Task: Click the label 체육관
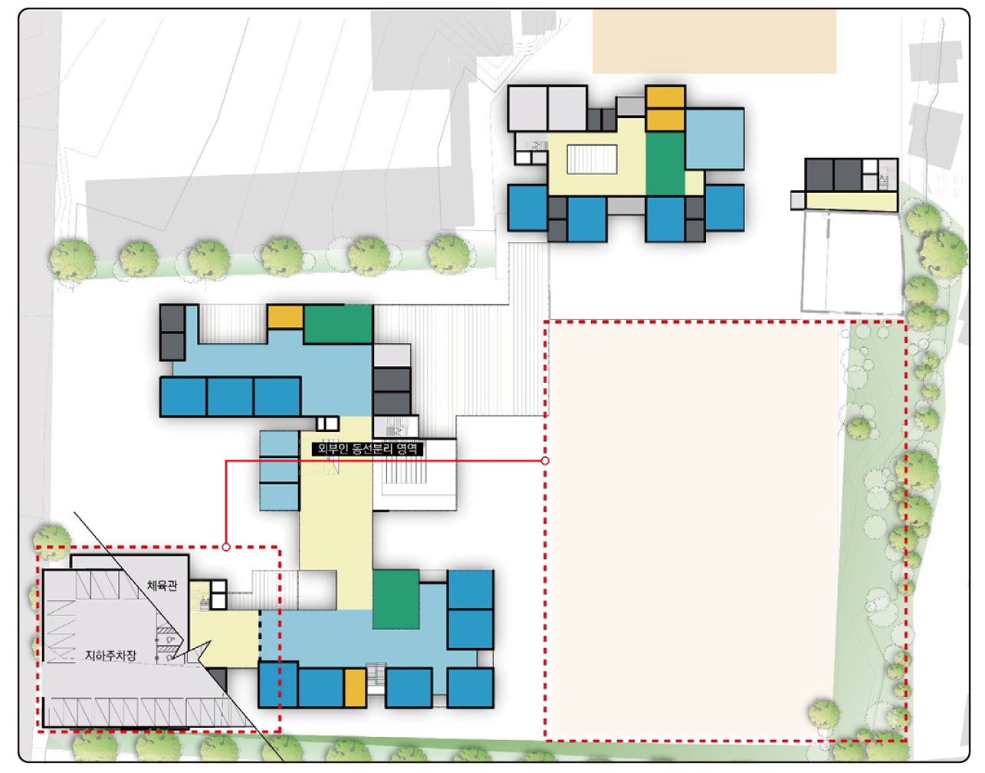click(x=162, y=585)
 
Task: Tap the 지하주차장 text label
click(x=110, y=655)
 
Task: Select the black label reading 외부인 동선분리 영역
click(x=367, y=449)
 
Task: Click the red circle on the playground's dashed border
click(x=545, y=460)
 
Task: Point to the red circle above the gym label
click(x=226, y=547)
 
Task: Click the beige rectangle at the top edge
click(x=714, y=41)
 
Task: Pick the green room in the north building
click(x=665, y=163)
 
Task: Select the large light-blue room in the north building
click(x=714, y=139)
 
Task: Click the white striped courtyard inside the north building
click(x=592, y=159)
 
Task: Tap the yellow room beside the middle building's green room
click(x=284, y=317)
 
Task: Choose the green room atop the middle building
click(x=338, y=324)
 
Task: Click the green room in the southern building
click(x=396, y=599)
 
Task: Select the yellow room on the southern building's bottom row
click(x=355, y=688)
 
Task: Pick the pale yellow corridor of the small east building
click(x=852, y=201)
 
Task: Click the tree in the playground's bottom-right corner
click(x=823, y=714)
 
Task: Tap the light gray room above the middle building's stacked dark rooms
click(x=392, y=355)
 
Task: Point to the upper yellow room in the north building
click(x=665, y=97)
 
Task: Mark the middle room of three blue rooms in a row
click(x=230, y=396)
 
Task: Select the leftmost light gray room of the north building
click(x=527, y=109)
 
